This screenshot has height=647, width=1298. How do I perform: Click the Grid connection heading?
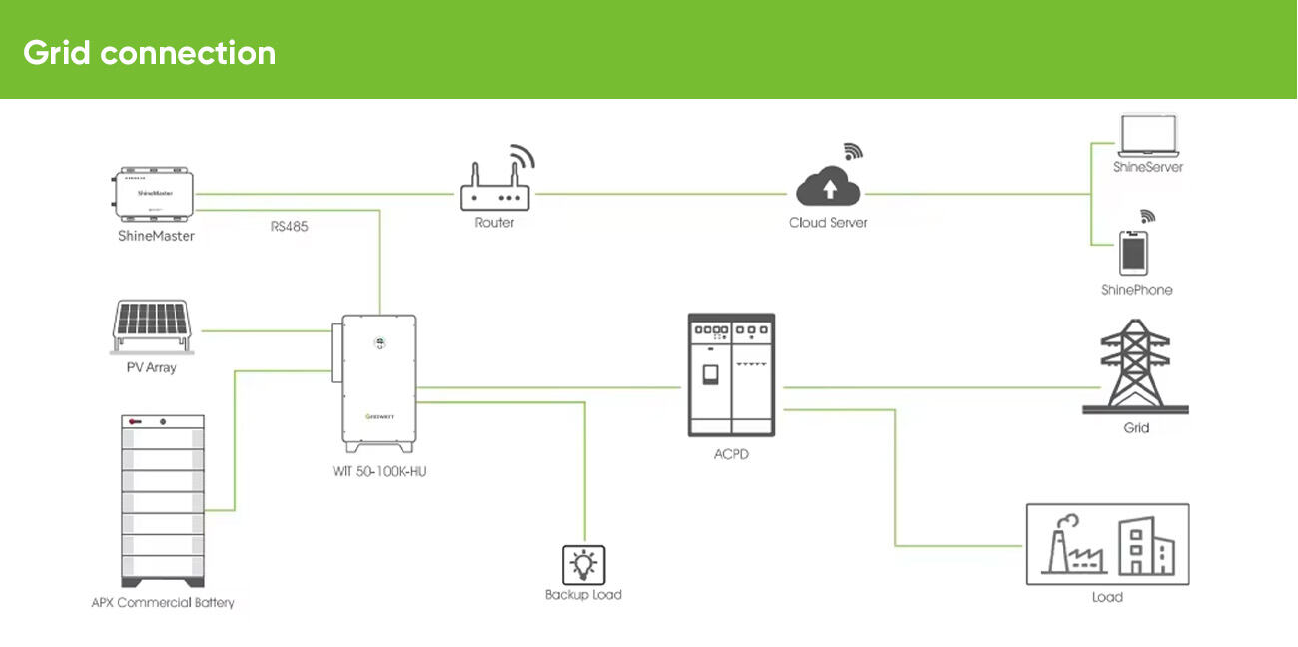tap(149, 52)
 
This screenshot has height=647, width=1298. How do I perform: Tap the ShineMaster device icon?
tap(155, 194)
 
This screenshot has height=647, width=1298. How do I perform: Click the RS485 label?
tap(290, 227)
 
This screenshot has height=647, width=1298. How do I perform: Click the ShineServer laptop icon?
tap(1148, 134)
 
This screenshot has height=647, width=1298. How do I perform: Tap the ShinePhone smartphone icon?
tap(1132, 253)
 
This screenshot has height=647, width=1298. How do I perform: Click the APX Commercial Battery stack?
tap(163, 501)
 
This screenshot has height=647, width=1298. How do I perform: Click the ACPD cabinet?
tap(731, 374)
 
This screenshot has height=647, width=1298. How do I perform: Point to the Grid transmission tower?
tap(1135, 366)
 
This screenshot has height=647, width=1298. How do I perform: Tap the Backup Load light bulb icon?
tap(583, 564)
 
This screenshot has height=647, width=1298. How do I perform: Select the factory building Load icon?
tap(1107, 544)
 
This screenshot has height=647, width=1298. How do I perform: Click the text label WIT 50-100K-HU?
tap(380, 471)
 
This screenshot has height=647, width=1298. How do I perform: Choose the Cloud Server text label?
tap(828, 222)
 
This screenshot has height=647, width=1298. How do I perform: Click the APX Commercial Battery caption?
tap(163, 602)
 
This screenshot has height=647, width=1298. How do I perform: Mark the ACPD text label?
tap(731, 454)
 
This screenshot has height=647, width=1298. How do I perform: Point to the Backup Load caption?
tap(583, 595)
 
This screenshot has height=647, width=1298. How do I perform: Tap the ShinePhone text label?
tap(1136, 290)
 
